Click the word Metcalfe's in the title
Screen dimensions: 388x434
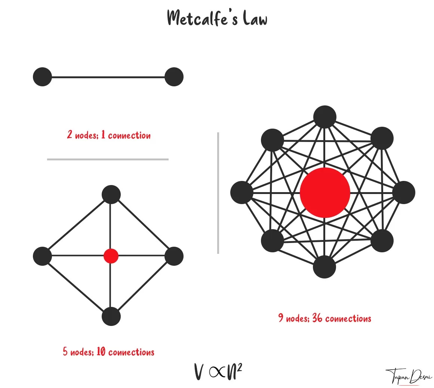[x=202, y=18]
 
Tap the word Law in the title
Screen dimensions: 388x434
[x=255, y=18]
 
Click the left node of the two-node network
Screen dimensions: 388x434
[x=42, y=77]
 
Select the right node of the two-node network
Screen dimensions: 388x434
[x=174, y=77]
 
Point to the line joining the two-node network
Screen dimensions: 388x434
[x=108, y=77]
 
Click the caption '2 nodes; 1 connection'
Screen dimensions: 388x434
[x=109, y=135]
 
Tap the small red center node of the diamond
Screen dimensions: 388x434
[x=111, y=256]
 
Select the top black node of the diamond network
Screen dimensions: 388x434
[x=111, y=194]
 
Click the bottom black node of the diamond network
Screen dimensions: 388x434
[x=111, y=316]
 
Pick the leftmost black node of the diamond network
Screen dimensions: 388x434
[x=42, y=256]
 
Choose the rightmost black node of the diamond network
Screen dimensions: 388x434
[x=174, y=256]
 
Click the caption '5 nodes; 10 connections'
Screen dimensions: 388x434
[x=108, y=352]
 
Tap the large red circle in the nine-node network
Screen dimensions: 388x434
[x=325, y=192]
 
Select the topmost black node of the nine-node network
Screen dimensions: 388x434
[x=325, y=117]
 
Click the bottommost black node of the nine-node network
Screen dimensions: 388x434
[x=324, y=267]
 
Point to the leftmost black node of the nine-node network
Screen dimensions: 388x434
[x=242, y=192]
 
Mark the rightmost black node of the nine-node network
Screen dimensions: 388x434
[x=404, y=193]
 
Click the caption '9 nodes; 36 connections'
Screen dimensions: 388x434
[x=324, y=318]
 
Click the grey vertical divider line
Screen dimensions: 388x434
[x=218, y=193]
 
